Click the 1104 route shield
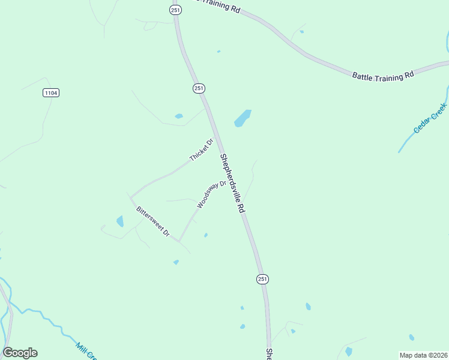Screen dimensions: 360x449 [x=51, y=92]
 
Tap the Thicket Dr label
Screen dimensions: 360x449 [x=201, y=150]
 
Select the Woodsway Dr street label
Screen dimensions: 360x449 [x=211, y=194]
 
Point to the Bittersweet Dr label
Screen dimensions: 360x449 [x=153, y=221]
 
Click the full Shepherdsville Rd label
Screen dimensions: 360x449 [x=232, y=184]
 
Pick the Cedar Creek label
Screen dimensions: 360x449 [x=430, y=118]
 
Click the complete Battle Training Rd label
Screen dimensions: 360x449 [x=383, y=76]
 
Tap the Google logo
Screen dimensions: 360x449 [x=20, y=352]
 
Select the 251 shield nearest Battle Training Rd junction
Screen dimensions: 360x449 [x=175, y=10]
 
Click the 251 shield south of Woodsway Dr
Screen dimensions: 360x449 [x=262, y=279]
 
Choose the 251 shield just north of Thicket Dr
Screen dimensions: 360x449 [x=199, y=88]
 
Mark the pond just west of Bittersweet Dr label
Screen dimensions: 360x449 [x=120, y=221]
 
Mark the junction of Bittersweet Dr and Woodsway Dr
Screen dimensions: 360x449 [x=179, y=241]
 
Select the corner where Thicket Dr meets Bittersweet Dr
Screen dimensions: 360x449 [x=130, y=197]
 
